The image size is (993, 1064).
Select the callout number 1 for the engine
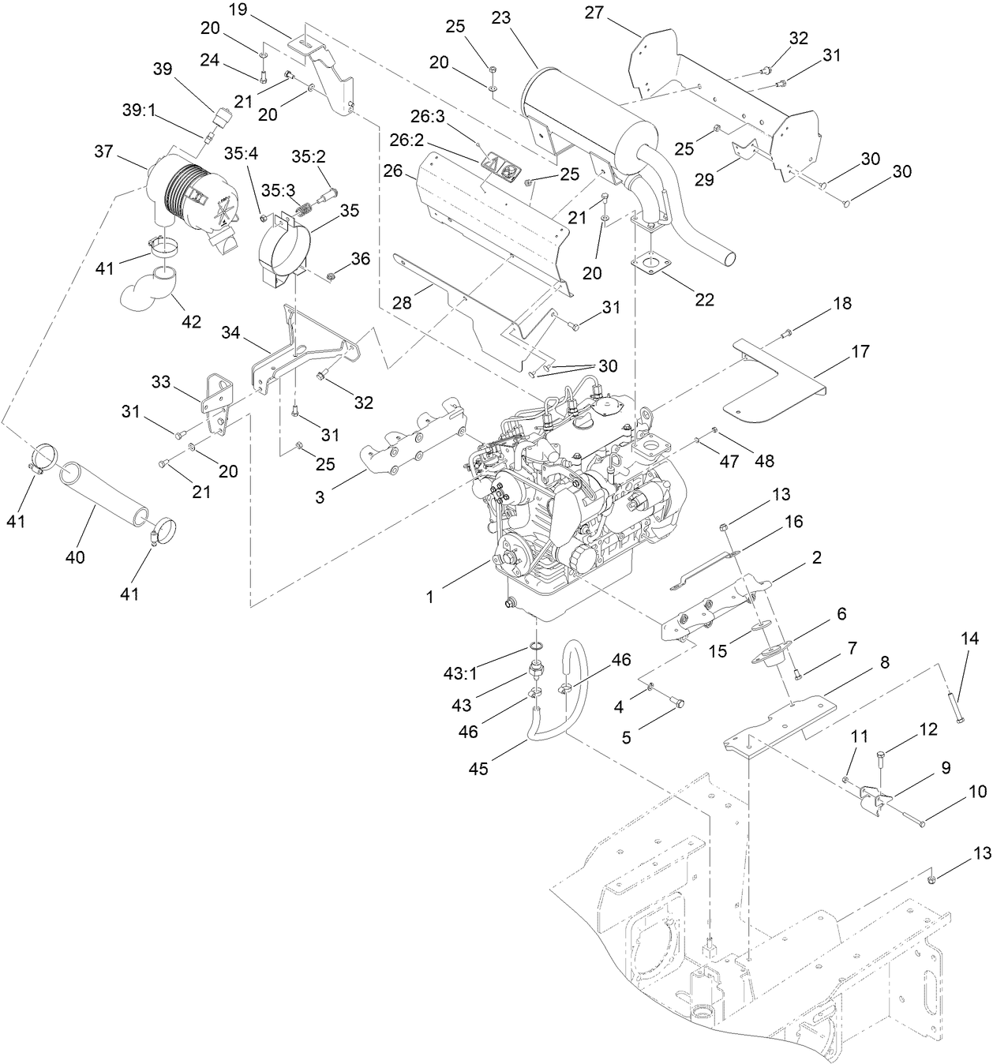[x=429, y=598]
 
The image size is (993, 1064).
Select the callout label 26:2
[x=428, y=140]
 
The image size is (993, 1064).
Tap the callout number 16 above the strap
[x=793, y=521]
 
